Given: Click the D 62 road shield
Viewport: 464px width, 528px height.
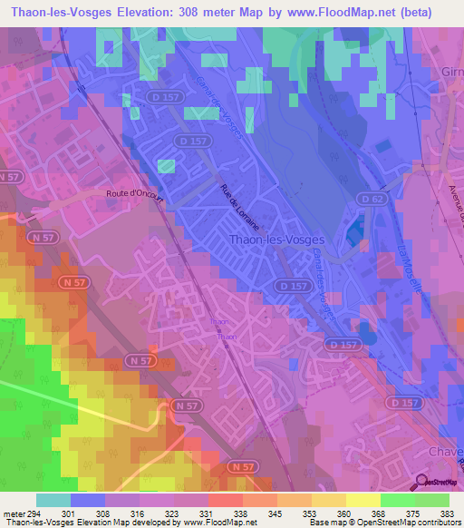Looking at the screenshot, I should pos(367,198).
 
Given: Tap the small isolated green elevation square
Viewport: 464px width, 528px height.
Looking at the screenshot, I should pos(166,166).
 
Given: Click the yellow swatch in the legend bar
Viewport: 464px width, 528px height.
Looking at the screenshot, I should pos(362,500).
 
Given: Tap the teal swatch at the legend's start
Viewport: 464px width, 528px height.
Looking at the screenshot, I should pos(53,500).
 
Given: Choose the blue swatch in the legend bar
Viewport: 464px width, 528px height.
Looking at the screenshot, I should pos(88,500).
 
